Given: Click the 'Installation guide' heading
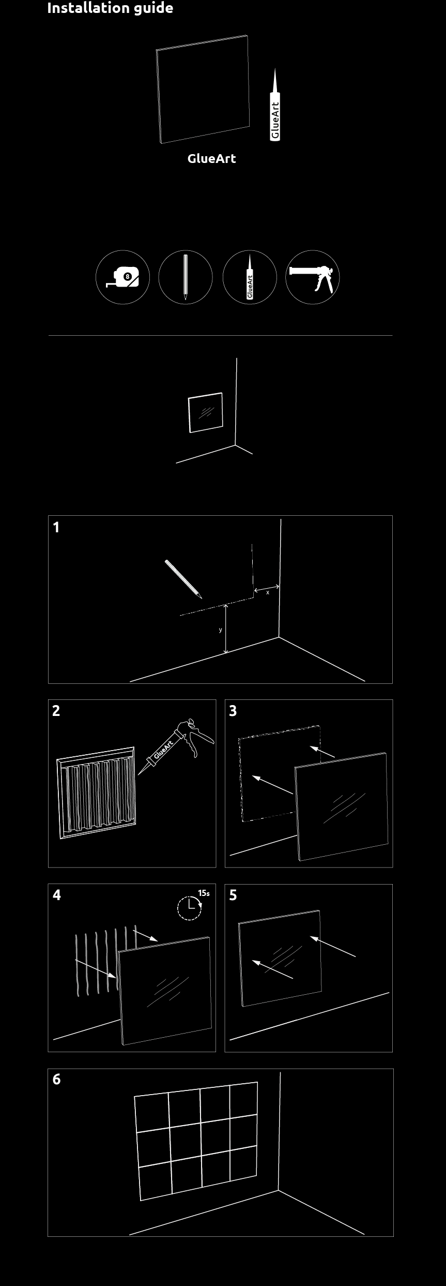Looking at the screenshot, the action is (110, 8).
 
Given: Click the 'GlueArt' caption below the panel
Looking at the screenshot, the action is (211, 159).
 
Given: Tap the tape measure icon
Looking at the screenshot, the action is (122, 277).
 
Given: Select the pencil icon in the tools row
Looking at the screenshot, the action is (186, 277).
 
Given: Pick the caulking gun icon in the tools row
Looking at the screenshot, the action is (313, 277).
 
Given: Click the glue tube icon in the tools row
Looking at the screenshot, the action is (250, 277).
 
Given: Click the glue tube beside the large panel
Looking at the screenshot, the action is (275, 104).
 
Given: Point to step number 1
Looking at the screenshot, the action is (56, 528).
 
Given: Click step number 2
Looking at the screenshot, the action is (56, 711).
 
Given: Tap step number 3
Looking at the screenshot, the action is (233, 711).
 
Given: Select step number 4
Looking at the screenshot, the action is (57, 895).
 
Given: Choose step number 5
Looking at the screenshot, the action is (233, 895).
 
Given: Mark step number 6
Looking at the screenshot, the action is (57, 1079).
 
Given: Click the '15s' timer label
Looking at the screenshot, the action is (204, 893).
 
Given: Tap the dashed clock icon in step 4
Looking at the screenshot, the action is (190, 908).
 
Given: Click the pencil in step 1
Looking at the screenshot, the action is (183, 579).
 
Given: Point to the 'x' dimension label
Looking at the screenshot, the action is (268, 593).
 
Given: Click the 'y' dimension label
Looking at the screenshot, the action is (221, 630).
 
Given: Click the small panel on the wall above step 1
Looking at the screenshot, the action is (206, 412).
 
